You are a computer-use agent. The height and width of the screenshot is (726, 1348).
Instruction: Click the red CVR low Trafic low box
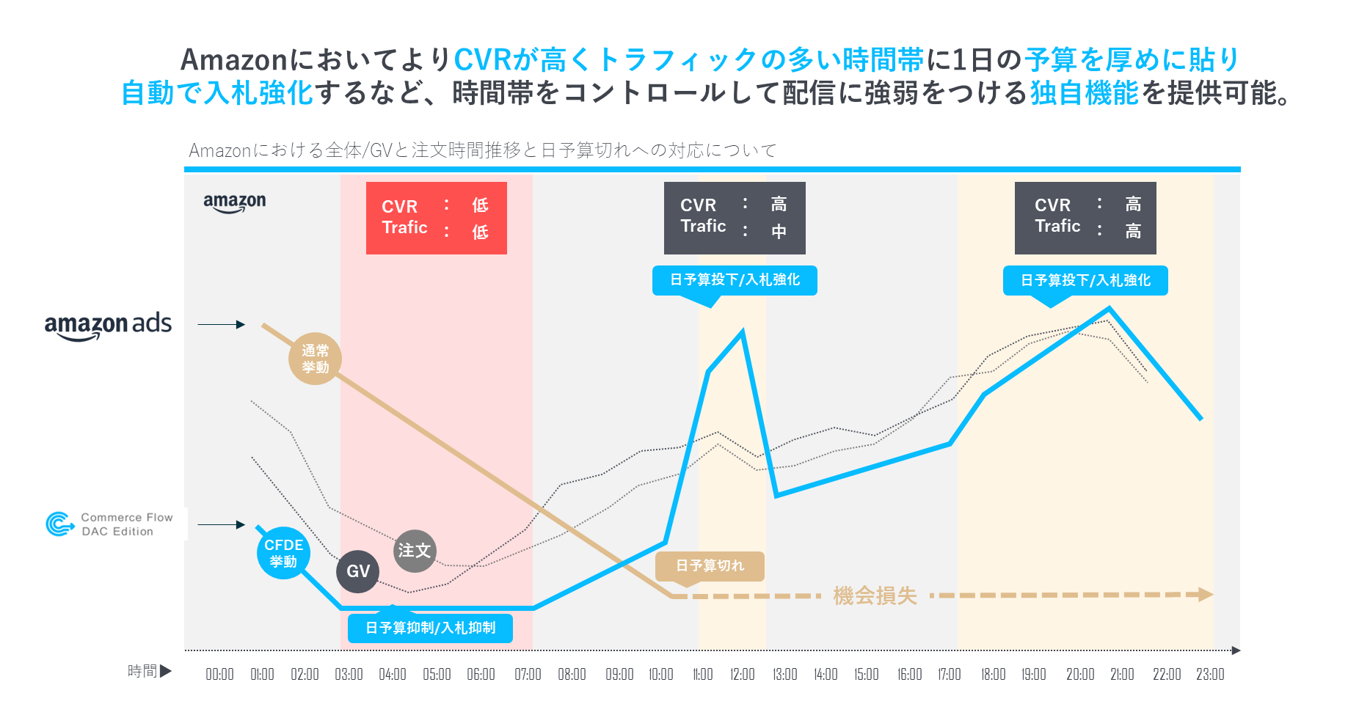[436, 218]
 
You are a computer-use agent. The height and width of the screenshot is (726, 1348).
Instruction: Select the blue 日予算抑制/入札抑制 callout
[430, 628]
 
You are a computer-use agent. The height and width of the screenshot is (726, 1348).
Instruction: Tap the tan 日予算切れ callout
[710, 565]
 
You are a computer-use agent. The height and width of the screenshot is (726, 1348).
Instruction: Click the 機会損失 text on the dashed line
[875, 595]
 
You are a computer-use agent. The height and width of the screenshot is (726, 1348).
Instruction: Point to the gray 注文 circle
[415, 551]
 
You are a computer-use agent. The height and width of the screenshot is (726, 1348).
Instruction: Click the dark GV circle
[358, 571]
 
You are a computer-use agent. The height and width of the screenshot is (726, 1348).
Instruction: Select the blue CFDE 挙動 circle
[283, 553]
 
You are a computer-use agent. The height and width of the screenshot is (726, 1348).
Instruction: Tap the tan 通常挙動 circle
[315, 359]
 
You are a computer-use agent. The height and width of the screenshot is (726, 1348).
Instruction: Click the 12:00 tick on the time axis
[742, 674]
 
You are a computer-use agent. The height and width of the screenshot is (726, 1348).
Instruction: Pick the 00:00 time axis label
[219, 674]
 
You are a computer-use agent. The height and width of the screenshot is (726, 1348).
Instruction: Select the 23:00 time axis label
[1210, 674]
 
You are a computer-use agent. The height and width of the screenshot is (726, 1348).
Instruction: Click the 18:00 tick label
[993, 674]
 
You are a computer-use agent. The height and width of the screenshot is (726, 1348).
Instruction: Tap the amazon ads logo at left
[108, 326]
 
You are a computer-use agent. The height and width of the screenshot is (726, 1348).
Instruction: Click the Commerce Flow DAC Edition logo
[110, 524]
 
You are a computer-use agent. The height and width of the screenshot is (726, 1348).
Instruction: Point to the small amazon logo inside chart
[235, 202]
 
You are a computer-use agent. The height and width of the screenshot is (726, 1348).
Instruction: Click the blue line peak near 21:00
[1109, 309]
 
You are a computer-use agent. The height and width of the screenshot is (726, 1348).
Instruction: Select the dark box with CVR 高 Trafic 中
[735, 218]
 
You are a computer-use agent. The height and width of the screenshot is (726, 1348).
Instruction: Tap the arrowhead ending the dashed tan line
[1205, 594]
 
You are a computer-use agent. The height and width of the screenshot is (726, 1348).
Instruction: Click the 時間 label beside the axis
[142, 671]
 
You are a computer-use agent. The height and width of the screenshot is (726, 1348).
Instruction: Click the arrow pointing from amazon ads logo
[221, 324]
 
